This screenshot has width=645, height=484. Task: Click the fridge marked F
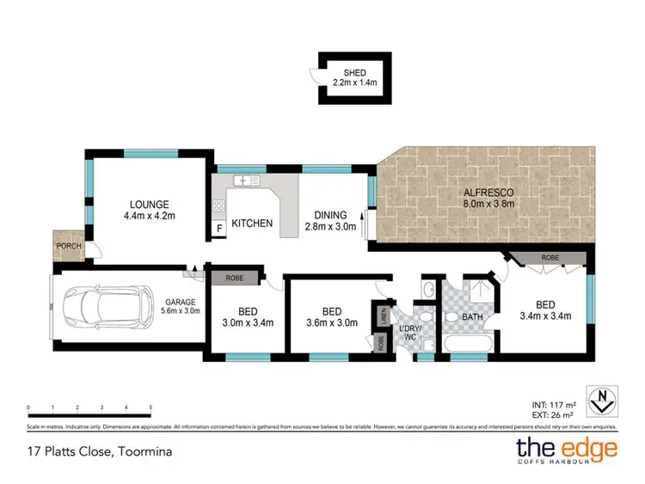(218, 229)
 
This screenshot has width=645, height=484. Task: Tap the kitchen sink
(248, 181)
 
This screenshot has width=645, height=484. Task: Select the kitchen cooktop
(218, 205)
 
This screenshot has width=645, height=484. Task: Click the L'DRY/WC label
(409, 334)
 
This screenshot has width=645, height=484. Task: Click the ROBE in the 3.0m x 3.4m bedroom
(234, 278)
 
